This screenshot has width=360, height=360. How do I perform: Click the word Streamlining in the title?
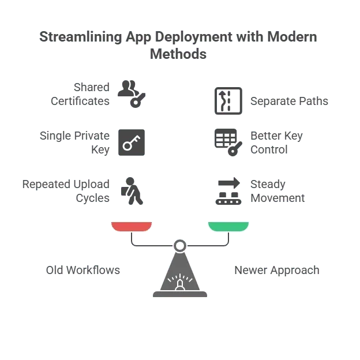click(x=81, y=37)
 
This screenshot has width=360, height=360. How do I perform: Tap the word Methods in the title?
click(x=178, y=54)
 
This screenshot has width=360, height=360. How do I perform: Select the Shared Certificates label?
click(x=80, y=94)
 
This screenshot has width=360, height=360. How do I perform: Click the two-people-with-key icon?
click(x=132, y=94)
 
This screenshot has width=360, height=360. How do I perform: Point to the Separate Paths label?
click(x=289, y=101)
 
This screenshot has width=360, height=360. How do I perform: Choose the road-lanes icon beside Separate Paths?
click(x=228, y=101)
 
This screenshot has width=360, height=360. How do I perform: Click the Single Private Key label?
click(x=74, y=142)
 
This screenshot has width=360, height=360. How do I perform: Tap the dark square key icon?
click(x=132, y=142)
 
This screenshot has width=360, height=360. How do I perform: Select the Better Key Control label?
click(x=276, y=142)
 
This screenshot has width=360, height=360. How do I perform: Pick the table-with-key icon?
click(x=228, y=142)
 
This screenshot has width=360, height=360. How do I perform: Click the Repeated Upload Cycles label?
click(x=66, y=191)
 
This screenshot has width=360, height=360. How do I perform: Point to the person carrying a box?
click(x=132, y=191)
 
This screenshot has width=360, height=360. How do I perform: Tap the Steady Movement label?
click(x=277, y=191)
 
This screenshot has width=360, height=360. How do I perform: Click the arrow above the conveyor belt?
click(x=229, y=183)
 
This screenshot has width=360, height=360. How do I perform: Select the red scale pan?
click(x=132, y=227)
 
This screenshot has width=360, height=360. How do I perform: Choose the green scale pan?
click(x=228, y=227)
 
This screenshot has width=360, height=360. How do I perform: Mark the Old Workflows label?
click(x=83, y=270)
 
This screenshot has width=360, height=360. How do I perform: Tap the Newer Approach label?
click(x=277, y=271)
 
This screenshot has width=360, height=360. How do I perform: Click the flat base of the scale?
click(x=180, y=294)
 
